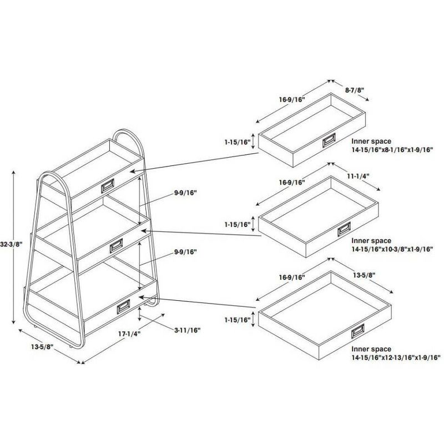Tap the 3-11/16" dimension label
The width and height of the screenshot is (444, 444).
pyautogui.click(x=186, y=330)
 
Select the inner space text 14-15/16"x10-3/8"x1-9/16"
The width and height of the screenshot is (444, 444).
pyautogui.click(x=391, y=249)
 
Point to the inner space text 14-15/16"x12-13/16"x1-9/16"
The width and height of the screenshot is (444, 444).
pyautogui.click(x=395, y=358)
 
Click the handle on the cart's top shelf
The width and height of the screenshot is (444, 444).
pyautogui.click(x=107, y=187)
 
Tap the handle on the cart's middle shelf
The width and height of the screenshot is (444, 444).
pyautogui.click(x=117, y=245)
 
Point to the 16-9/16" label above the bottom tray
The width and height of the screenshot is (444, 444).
pyautogui.click(x=292, y=277)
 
